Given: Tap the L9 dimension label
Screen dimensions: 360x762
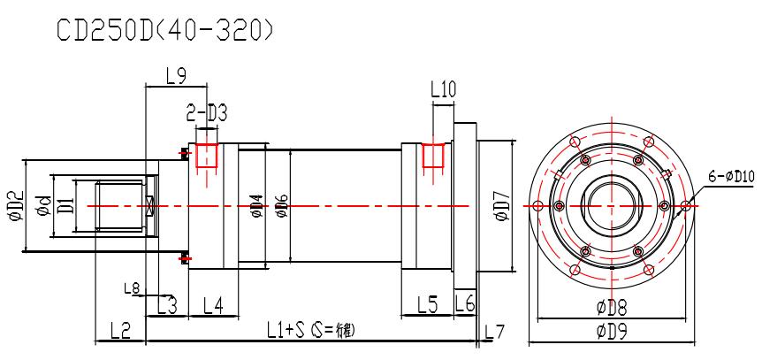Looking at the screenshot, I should point(174,77).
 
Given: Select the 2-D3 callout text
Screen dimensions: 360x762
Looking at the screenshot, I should point(205,114).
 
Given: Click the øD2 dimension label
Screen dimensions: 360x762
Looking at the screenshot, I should point(13,206).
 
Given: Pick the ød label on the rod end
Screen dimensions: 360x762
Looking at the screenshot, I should point(40,206).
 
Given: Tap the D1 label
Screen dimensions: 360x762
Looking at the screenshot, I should point(65,206).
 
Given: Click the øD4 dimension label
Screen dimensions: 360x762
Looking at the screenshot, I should point(256,206).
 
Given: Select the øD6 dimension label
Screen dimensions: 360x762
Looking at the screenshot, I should point(281,206).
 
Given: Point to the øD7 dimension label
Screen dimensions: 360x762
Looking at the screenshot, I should point(501,206).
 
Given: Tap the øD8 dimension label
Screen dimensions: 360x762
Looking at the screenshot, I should point(613,309).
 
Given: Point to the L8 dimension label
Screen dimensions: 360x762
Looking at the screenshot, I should point(131,288).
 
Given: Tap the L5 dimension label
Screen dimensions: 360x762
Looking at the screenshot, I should point(427,305).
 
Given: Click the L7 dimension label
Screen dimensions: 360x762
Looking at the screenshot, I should point(495,332).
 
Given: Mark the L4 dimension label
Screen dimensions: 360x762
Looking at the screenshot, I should point(213,305).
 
